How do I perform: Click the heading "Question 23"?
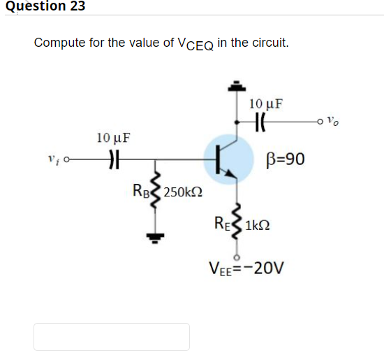(43, 6)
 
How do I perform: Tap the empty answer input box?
(112, 336)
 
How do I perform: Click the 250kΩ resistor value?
(184, 190)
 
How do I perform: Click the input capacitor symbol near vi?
(114, 161)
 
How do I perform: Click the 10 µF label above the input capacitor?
(113, 137)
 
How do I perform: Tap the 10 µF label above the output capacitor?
(266, 104)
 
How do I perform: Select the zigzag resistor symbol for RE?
(237, 222)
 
